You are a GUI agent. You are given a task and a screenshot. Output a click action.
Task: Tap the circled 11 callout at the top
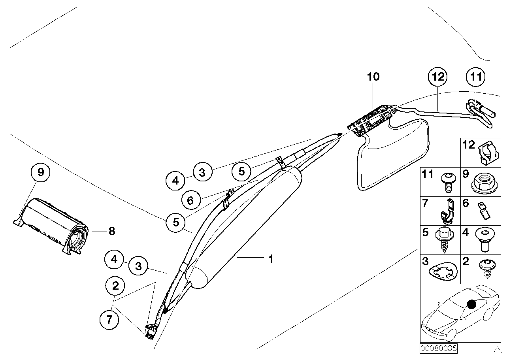(476, 77)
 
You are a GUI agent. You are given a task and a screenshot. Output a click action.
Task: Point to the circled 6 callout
(190, 201)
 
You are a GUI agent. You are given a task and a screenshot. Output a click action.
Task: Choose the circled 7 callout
(110, 320)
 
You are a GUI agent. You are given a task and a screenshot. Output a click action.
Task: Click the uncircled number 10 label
(373, 77)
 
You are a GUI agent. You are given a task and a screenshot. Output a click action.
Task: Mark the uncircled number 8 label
(111, 231)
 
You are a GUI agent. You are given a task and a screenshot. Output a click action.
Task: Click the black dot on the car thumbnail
(471, 304)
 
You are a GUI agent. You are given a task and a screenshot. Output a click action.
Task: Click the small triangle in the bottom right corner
(497, 349)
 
